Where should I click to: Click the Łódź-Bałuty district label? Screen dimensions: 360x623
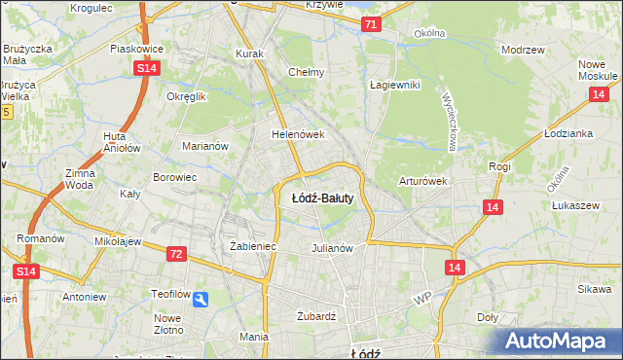[321, 198]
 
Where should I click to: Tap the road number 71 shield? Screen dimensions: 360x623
[371, 26]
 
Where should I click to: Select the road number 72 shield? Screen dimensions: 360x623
[175, 254]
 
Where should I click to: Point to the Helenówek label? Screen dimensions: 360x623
[297, 135]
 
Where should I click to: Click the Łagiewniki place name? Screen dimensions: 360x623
[394, 85]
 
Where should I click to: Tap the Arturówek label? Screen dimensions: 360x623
[422, 181]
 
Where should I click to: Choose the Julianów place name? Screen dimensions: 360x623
[331, 247]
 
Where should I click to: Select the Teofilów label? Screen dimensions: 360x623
[170, 293]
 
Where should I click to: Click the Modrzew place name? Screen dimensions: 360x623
[522, 49]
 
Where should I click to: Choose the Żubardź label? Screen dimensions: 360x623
[315, 316]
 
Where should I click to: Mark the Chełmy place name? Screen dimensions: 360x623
[307, 72]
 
